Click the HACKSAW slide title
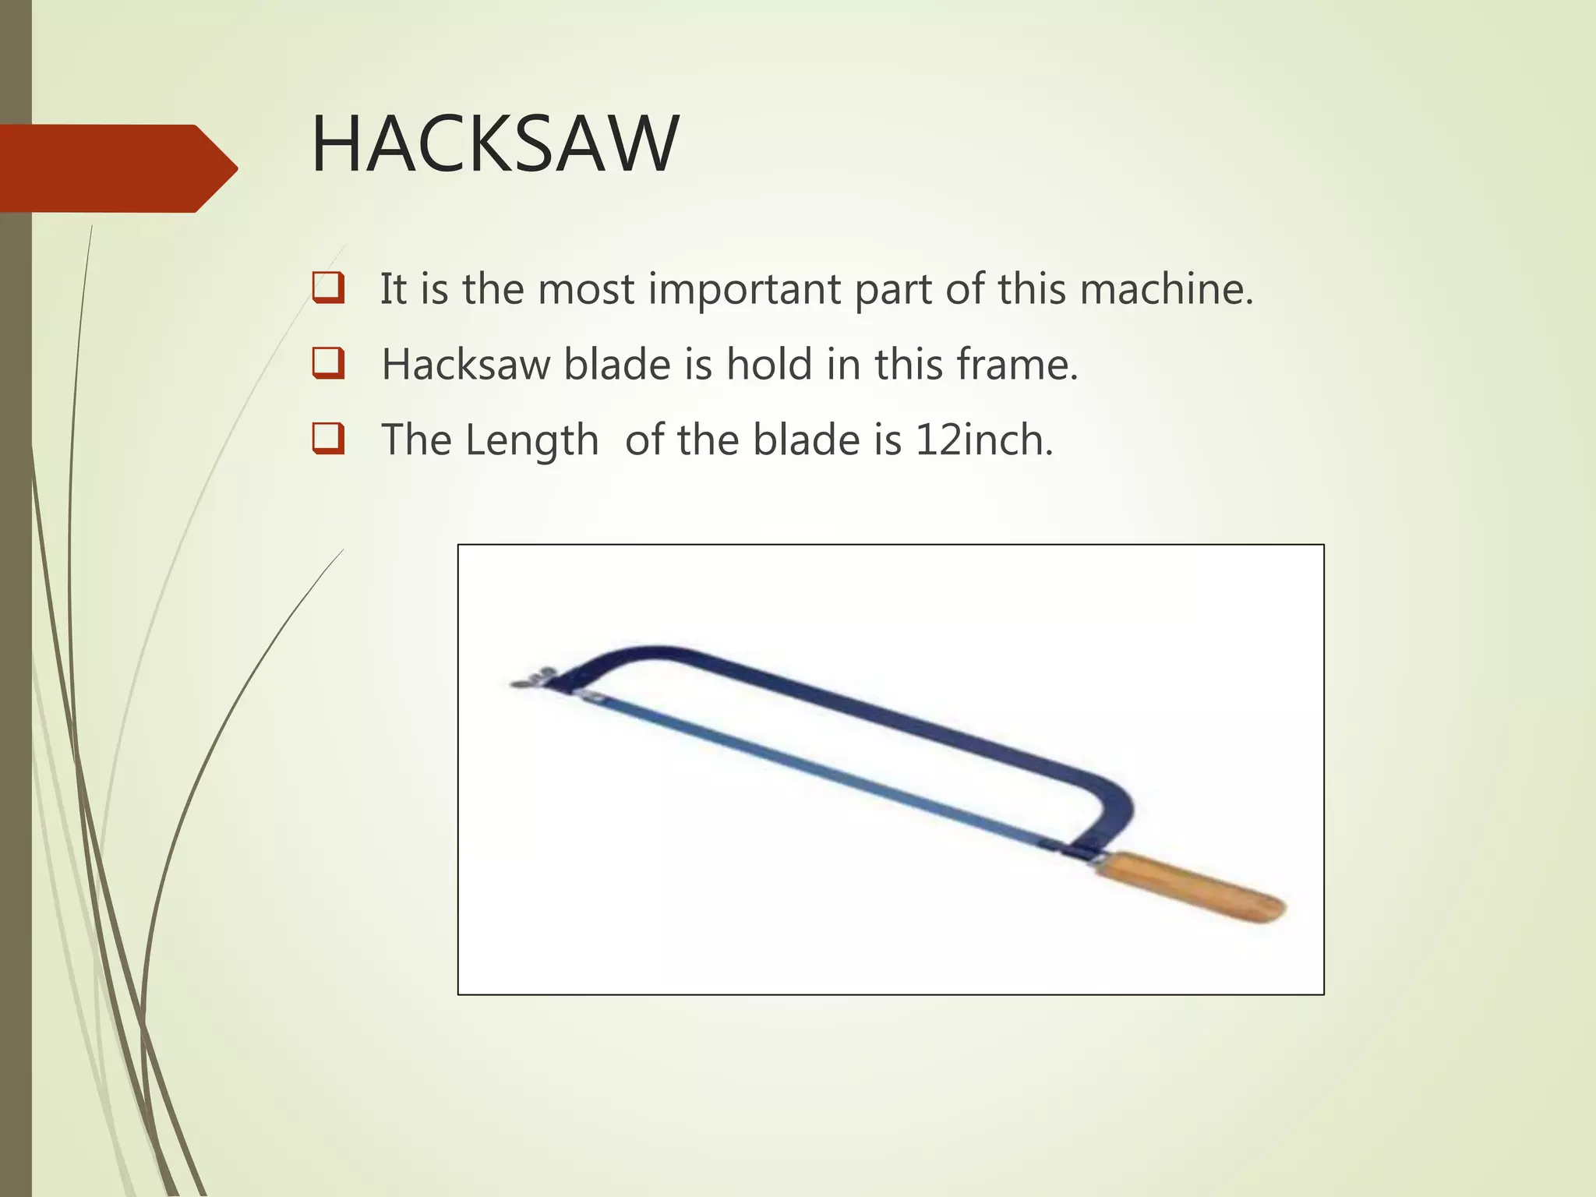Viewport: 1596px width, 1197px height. (495, 145)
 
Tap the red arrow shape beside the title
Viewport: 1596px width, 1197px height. (117, 168)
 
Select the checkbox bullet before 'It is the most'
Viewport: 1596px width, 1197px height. (328, 288)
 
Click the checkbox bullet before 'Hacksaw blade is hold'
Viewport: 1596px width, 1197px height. (328, 363)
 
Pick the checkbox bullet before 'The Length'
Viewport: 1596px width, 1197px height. (328, 438)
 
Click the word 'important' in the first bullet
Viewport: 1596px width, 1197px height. (744, 290)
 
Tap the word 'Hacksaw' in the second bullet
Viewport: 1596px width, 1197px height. (465, 364)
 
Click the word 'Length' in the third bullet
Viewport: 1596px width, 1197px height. (532, 441)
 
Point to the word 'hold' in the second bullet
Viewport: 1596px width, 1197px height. (769, 364)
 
